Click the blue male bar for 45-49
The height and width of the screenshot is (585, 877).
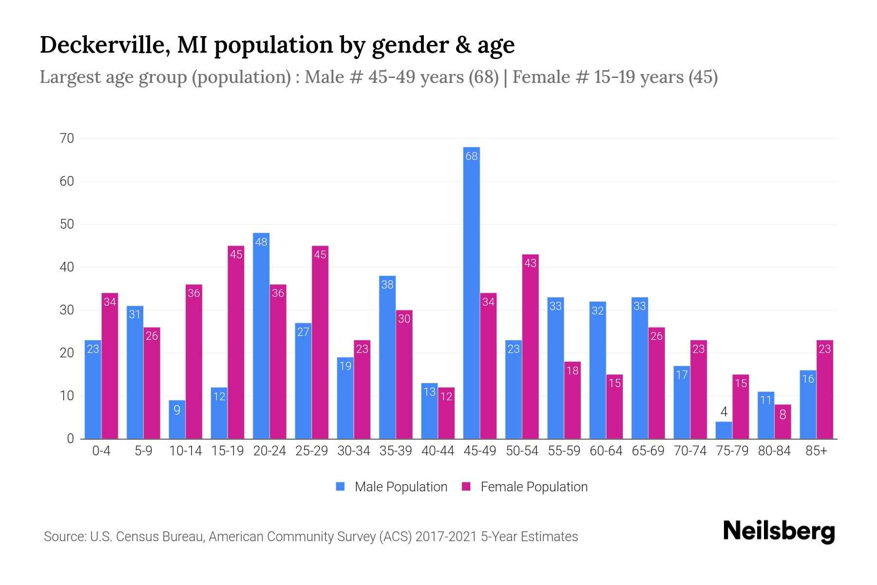click(x=471, y=292)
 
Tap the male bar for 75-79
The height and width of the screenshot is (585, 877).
click(x=724, y=430)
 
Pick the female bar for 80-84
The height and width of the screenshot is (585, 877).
click(x=782, y=422)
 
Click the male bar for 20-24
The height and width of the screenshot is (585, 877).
click(x=261, y=336)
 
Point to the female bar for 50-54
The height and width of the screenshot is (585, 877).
click(x=530, y=346)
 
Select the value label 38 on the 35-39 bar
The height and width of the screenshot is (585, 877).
click(x=387, y=285)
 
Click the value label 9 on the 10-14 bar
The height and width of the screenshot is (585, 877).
click(x=177, y=410)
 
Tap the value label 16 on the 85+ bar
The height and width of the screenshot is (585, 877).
click(x=808, y=379)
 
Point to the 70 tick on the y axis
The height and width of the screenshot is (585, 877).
click(x=67, y=138)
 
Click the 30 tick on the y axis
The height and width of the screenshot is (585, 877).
click(x=67, y=310)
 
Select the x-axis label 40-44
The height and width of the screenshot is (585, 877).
click(x=438, y=451)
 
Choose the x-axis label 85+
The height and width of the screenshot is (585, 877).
click(x=816, y=451)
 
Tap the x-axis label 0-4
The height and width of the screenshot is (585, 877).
click(x=101, y=451)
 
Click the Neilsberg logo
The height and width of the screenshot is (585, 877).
click(x=779, y=531)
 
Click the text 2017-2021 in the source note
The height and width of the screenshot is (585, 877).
click(x=446, y=537)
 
